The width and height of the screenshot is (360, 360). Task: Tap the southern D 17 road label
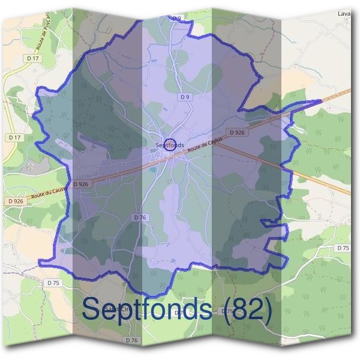pos(15,137)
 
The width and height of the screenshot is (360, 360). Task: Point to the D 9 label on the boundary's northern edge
pos(176,19)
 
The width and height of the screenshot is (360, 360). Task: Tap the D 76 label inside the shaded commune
pos(140,217)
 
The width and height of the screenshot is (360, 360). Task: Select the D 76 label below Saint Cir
pos(132,340)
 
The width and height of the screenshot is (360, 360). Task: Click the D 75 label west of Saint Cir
pos(53,282)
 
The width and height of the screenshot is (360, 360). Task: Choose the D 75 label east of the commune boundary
pos(343,248)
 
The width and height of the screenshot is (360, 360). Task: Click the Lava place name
pos(344,13)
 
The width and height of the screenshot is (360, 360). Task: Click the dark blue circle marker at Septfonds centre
pos(170,145)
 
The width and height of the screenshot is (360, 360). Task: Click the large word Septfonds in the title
pos(147,310)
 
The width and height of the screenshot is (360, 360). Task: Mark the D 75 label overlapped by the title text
pos(227,311)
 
